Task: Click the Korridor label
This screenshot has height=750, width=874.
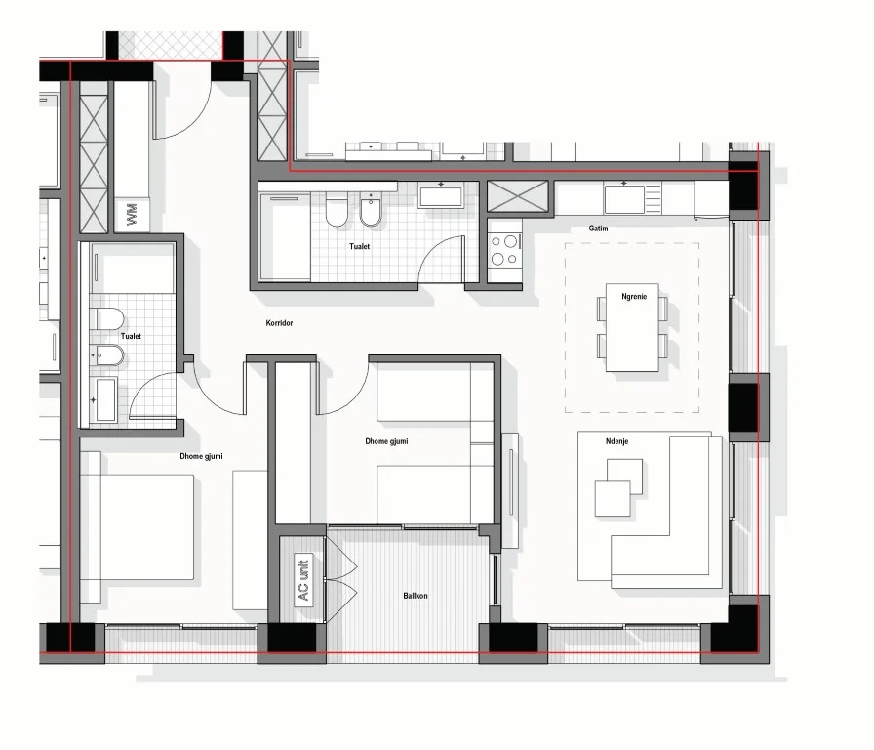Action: click(280, 323)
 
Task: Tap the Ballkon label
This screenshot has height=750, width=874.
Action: click(416, 595)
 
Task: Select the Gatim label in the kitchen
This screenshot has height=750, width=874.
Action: click(599, 228)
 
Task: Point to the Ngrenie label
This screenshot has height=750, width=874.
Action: click(634, 295)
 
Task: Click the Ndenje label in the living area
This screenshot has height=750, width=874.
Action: click(616, 441)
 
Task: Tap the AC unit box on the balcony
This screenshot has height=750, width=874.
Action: click(302, 580)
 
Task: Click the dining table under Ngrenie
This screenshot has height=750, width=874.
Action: click(632, 328)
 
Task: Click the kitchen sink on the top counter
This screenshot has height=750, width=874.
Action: click(625, 198)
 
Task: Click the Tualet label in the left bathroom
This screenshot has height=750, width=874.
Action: click(132, 336)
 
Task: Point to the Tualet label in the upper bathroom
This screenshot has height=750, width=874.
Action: click(359, 247)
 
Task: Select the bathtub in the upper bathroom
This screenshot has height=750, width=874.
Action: click(284, 234)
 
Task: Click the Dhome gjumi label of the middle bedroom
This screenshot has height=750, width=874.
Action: click(386, 442)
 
